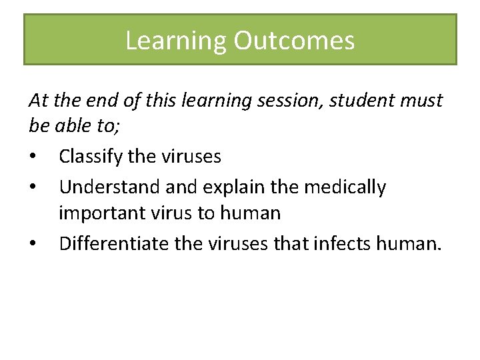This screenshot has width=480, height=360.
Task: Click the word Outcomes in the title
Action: point(294,41)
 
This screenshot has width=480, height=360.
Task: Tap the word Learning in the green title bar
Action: point(176,41)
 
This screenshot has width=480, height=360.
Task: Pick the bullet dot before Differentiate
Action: point(33,245)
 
